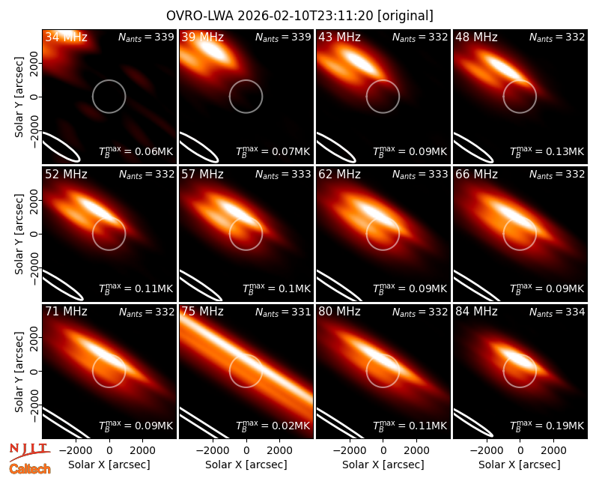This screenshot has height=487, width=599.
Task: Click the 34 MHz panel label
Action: tap(66, 37)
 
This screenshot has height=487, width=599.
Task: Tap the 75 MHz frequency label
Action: tap(202, 312)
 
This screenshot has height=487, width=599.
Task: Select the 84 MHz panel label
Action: tap(476, 312)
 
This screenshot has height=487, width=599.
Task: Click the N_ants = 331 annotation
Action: tap(283, 312)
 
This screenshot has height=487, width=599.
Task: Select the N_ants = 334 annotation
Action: tap(557, 312)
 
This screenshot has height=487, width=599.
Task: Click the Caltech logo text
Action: tap(30, 469)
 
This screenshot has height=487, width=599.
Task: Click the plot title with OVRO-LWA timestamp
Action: tap(300, 16)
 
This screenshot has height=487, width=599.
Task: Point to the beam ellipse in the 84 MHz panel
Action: tap(473, 423)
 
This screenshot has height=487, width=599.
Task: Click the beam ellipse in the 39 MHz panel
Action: tap(198, 148)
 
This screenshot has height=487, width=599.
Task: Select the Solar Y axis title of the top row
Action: tap(19, 97)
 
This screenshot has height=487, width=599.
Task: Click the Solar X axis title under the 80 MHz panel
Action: tap(383, 465)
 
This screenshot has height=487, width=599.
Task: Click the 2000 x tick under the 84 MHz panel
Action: tap(553, 450)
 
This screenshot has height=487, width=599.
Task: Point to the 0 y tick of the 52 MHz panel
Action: tap(34, 234)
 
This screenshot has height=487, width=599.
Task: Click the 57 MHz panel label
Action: tap(202, 175)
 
